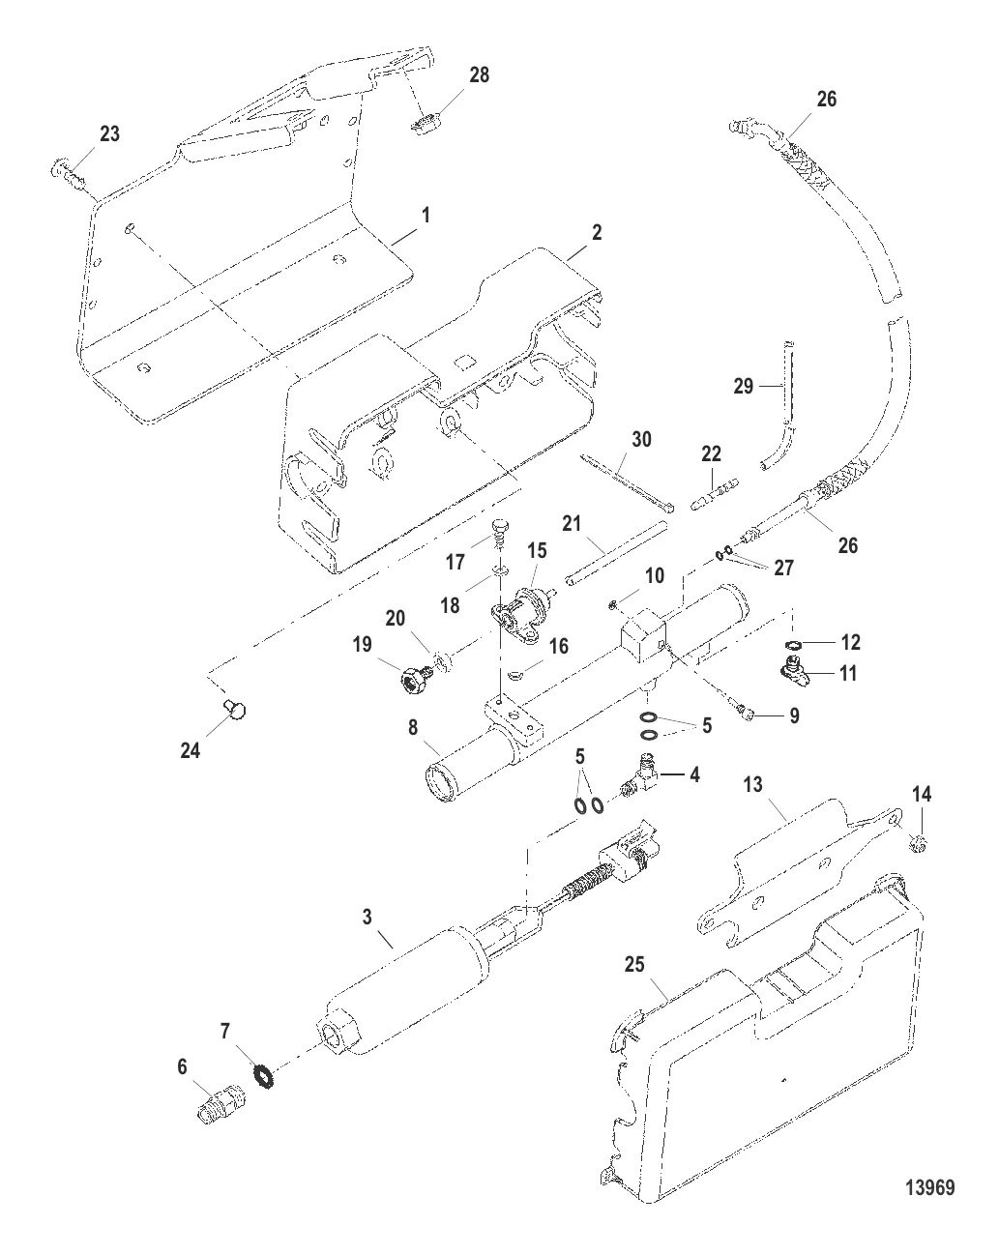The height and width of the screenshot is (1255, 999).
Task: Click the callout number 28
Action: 479,74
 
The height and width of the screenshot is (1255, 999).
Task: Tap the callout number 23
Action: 109,133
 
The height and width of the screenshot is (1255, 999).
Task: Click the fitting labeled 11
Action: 795,672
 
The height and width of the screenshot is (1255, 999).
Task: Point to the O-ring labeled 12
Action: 793,644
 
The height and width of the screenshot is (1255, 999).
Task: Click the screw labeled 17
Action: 499,532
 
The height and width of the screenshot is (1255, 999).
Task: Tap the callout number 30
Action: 641,439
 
